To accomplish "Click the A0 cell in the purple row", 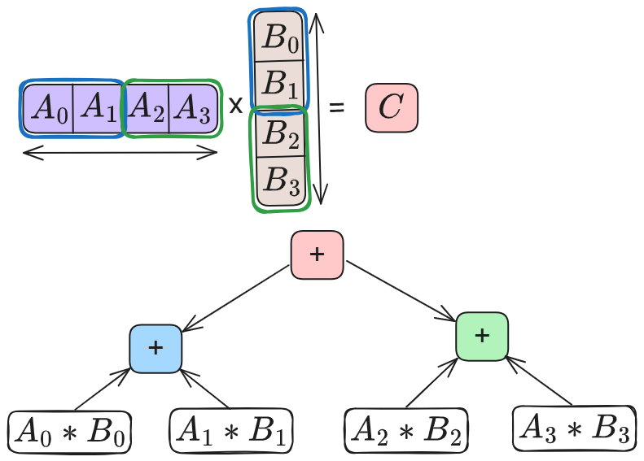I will point(49,108).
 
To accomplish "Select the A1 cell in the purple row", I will point(98,108).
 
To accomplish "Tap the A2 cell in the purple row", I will point(147,108).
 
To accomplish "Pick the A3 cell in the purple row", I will point(193,108).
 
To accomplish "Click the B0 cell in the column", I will point(279,37).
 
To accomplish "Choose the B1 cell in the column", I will point(279,83).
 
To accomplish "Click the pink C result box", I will point(392,108).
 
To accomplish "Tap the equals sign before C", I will point(336,108).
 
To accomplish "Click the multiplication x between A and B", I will point(234,107).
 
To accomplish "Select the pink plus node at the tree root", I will point(317,255).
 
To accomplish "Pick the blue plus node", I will point(156,348).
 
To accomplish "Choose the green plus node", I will point(482,336).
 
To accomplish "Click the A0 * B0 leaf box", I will point(70,432).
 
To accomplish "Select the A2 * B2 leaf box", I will point(405,431).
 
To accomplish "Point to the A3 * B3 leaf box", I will point(574,428).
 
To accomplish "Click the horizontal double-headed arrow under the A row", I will point(120,153).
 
